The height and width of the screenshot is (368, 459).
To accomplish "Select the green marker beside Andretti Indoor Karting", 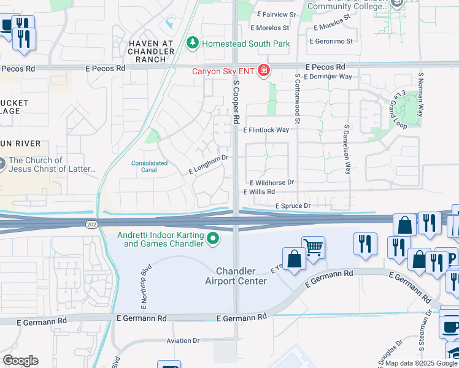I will [x=213, y=239].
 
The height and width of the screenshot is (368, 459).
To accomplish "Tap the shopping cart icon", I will [x=313, y=248].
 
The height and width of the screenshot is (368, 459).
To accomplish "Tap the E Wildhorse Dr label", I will [x=272, y=183].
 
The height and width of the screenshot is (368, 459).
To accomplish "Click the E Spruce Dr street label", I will [x=293, y=206].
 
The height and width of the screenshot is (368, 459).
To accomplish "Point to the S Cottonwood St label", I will [x=297, y=99].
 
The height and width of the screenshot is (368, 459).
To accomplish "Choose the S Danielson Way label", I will [x=347, y=150].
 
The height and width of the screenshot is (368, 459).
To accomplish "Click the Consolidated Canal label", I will [x=148, y=166].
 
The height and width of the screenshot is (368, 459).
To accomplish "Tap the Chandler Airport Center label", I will [x=241, y=276].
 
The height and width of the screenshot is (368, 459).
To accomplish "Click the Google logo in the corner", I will [x=20, y=361].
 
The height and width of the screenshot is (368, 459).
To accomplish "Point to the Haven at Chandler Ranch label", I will [x=147, y=51].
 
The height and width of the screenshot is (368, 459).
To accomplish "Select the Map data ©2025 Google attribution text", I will [x=421, y=363].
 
